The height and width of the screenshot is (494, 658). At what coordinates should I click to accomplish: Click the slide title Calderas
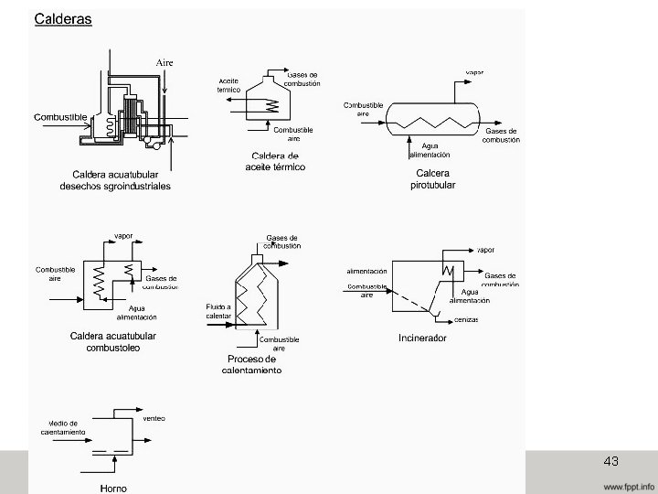click(x=63, y=19)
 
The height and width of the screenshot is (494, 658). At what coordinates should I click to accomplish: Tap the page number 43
click(x=611, y=461)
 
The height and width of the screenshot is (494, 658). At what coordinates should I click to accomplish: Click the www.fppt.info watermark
click(x=628, y=485)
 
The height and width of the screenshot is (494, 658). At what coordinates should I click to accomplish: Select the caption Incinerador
click(x=422, y=338)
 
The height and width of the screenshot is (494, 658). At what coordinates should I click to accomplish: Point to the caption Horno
click(x=113, y=488)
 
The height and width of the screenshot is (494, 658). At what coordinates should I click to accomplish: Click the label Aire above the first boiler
click(x=164, y=61)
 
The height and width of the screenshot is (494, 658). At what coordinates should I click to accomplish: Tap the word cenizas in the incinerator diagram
click(x=467, y=319)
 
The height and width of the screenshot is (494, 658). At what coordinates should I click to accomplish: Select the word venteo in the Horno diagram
click(x=154, y=418)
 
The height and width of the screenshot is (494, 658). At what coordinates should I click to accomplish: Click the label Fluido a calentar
click(x=218, y=310)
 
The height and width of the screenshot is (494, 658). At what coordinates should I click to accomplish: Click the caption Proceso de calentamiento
click(x=251, y=364)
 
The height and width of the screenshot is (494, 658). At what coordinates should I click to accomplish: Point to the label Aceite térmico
click(x=228, y=85)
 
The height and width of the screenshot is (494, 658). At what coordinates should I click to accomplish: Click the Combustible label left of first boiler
click(x=61, y=117)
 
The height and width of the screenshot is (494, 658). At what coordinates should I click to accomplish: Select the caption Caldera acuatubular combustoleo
click(x=112, y=342)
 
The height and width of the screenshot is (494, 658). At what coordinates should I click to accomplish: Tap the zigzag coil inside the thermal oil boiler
click(x=271, y=105)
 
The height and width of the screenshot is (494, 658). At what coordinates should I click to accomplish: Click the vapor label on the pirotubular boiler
click(x=475, y=71)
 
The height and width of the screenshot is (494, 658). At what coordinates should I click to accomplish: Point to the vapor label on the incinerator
click(x=486, y=249)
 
